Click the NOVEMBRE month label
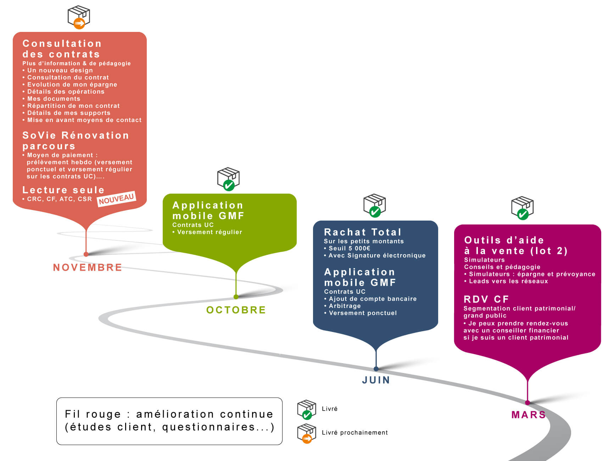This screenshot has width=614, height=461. [87, 267]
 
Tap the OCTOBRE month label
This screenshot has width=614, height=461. [236, 310]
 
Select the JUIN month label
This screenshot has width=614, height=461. [376, 380]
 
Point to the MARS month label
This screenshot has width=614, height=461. [529, 415]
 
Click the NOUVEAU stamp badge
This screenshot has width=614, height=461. [116, 199]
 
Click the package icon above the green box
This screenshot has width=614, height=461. [228, 179]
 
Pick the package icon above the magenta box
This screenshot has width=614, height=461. [522, 208]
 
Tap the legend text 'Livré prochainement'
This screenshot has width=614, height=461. [355, 433]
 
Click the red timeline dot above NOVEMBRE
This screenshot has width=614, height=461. [86, 254]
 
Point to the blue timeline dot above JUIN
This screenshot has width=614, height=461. [376, 369]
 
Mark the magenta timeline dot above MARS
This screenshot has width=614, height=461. [528, 402]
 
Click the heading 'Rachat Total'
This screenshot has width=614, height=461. [363, 232]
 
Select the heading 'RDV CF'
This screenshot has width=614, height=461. [486, 299]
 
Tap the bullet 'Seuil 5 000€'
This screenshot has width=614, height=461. [347, 248]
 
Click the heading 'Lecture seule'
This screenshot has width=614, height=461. [63, 190]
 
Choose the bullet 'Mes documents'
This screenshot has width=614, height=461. [51, 99]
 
